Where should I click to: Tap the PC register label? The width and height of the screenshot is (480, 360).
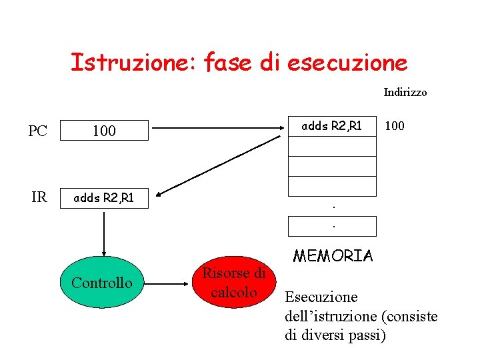tap(38, 131)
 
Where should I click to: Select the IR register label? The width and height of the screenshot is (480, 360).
tap(39, 197)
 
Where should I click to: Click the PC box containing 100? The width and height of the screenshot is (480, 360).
tap(104, 131)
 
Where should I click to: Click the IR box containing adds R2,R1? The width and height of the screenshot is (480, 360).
tap(104, 197)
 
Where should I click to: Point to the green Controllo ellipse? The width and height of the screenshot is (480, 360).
tap(102, 283)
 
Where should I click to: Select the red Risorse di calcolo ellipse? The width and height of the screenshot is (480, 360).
tap(233, 283)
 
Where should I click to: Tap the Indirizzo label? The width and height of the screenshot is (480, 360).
tap(405, 93)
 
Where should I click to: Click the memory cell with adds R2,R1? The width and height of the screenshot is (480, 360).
tap(332, 126)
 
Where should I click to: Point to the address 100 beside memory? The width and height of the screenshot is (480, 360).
tap(395, 125)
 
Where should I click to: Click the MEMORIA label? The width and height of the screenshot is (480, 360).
tap(333, 255)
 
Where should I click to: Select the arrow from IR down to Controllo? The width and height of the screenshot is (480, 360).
tap(103, 230)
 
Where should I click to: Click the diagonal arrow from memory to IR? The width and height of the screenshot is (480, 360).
tap(220, 167)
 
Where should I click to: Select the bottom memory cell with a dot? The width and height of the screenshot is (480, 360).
tap(332, 227)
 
